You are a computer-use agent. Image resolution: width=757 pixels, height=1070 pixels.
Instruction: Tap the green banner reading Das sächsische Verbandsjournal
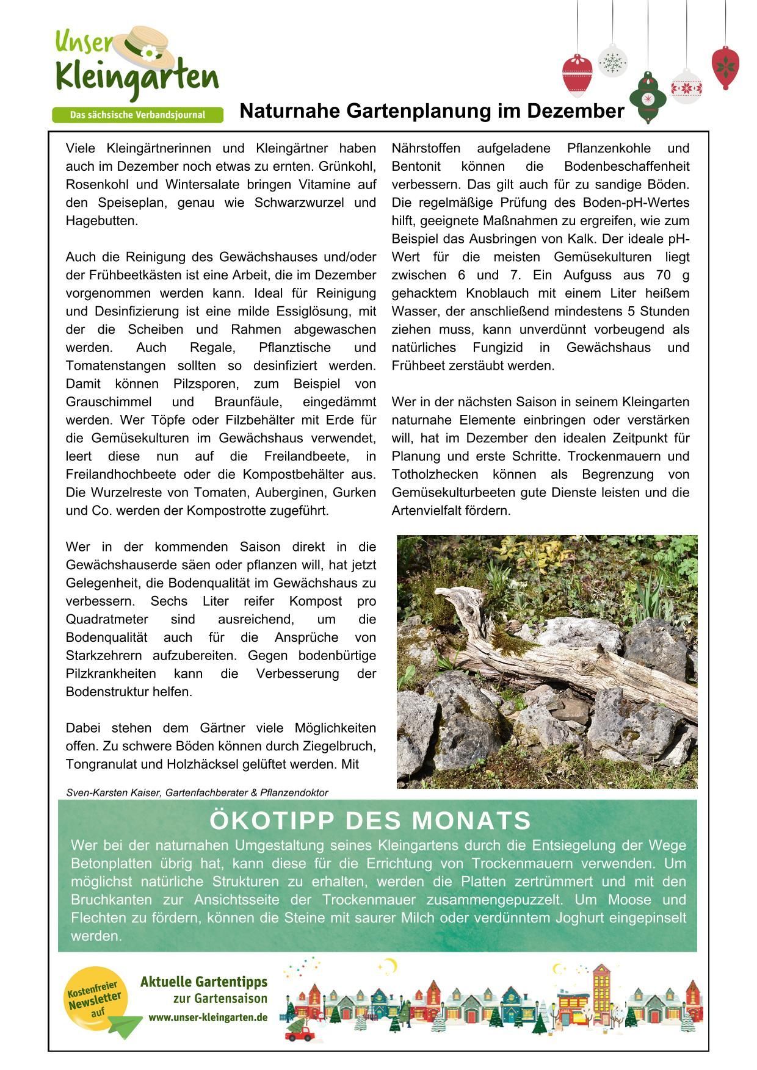[x=137, y=115]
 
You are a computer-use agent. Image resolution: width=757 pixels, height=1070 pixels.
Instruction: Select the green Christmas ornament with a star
[x=648, y=97]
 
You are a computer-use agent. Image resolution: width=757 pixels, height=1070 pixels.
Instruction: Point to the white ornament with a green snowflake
[x=612, y=62]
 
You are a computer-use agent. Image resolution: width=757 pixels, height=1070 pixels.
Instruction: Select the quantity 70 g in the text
[x=673, y=275]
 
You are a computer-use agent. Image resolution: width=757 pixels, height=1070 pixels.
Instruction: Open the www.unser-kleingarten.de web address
[x=208, y=1018]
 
